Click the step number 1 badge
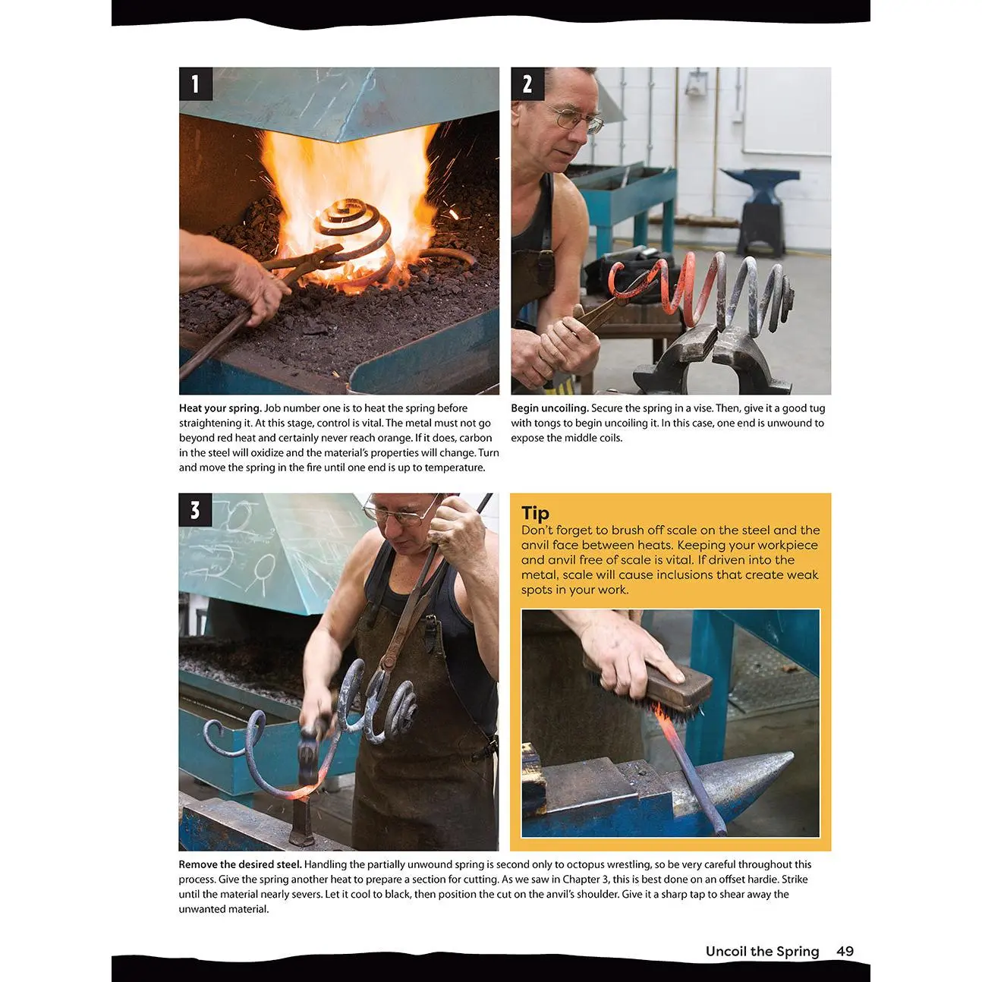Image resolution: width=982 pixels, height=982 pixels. [x=196, y=84]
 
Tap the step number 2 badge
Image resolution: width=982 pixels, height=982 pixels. [x=527, y=84]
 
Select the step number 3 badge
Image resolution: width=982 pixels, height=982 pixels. [x=195, y=510]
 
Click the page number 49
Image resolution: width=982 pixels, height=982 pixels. [x=845, y=951]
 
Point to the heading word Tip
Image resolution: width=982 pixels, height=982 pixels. [x=535, y=513]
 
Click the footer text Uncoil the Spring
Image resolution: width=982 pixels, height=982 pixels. [x=763, y=952]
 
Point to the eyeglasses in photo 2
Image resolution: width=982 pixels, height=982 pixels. [x=576, y=120]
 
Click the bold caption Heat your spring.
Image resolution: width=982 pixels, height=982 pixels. [x=220, y=408]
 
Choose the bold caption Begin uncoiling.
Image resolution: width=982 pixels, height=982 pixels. [x=550, y=408]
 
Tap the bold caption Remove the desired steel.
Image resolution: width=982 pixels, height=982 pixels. [x=240, y=864]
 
